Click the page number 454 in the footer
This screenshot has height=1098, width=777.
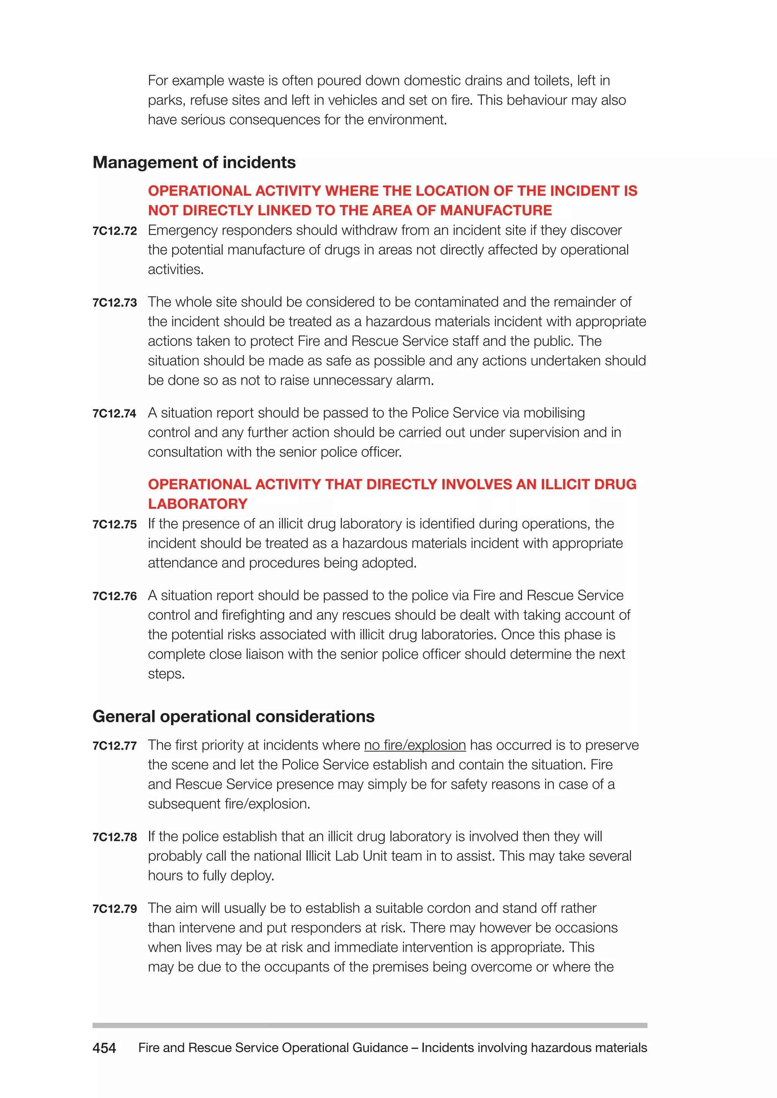pyautogui.click(x=104, y=1048)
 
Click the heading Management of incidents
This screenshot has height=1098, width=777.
pyautogui.click(x=194, y=163)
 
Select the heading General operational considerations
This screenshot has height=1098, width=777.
pyautogui.click(x=233, y=716)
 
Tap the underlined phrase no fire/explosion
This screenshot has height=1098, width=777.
pyautogui.click(x=414, y=745)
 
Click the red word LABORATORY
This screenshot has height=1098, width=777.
pyautogui.click(x=197, y=504)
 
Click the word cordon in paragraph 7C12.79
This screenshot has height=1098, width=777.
pyautogui.click(x=448, y=908)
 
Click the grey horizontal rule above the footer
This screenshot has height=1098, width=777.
pyautogui.click(x=370, y=1025)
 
